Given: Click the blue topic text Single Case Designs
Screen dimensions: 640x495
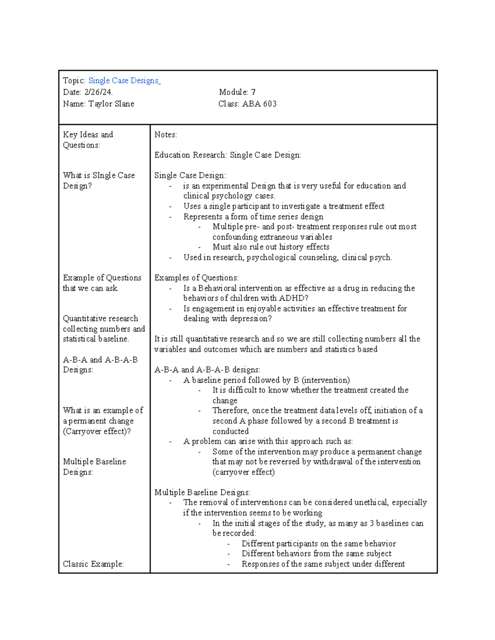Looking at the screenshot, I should (x=124, y=81).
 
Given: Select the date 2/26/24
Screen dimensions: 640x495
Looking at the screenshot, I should (x=98, y=92).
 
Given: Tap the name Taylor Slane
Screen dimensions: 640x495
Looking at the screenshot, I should (x=111, y=104).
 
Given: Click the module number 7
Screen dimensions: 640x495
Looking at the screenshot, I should (x=253, y=92).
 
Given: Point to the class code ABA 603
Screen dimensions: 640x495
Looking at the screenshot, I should (x=259, y=104).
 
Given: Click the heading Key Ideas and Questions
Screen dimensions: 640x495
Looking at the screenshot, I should (x=88, y=140).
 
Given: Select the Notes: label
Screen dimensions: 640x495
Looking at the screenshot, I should (x=165, y=135).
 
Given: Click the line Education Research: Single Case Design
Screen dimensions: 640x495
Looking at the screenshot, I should (x=227, y=155).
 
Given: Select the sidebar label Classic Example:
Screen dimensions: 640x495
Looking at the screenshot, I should (x=93, y=564).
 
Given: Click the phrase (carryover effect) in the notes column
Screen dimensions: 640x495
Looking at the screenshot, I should (x=243, y=472).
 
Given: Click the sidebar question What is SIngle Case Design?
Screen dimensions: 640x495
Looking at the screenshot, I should (x=99, y=181).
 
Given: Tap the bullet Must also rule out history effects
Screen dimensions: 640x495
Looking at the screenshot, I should (x=271, y=247).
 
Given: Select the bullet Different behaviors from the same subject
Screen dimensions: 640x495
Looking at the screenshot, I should (x=316, y=554).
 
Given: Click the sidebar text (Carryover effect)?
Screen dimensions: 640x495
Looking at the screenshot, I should (x=97, y=431).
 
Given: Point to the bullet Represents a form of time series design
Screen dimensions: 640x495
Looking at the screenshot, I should (x=253, y=217).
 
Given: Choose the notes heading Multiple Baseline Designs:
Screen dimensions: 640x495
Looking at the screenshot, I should (x=202, y=492).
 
